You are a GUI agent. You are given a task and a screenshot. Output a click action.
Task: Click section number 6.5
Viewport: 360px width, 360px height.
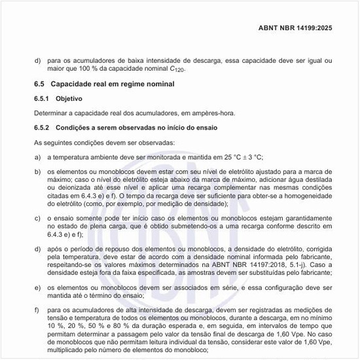(39, 85)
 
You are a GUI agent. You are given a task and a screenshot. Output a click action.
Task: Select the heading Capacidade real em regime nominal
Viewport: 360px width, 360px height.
(113, 85)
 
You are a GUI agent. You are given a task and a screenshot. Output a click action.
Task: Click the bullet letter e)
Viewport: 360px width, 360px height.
(37, 288)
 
